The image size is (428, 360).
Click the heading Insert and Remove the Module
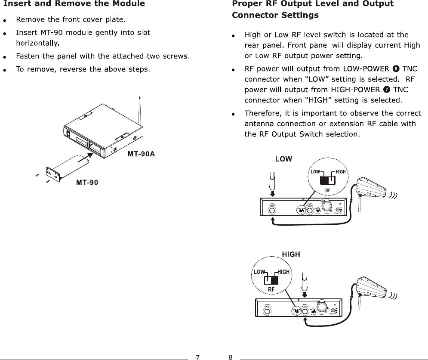[74, 4]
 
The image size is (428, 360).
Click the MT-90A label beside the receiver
[140, 154]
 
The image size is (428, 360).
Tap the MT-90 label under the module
[87, 183]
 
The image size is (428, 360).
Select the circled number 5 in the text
[396, 68]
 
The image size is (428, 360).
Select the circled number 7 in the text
[387, 90]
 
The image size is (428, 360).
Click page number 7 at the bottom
[197, 357]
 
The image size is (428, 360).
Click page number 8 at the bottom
[231, 357]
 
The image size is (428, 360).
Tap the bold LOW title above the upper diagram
[283, 159]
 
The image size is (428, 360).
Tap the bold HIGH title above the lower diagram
[291, 254]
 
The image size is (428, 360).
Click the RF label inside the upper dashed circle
[328, 190]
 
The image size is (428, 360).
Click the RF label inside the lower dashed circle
[271, 289]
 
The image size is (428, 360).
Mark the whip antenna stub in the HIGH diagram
[305, 281]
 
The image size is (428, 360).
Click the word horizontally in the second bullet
[37, 43]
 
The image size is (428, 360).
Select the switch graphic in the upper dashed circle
[328, 180]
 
